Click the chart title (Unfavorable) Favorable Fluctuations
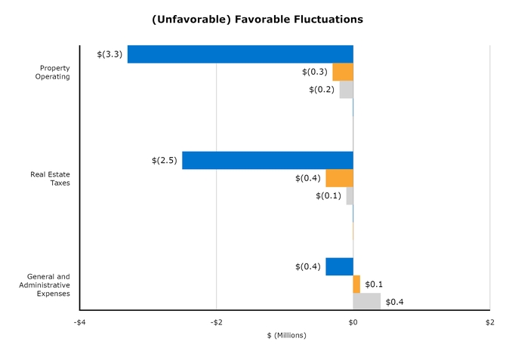coord(257,19)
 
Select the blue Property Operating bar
coord(240,54)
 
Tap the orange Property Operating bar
coord(343,72)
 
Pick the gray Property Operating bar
coord(346,90)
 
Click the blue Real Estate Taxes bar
coord(267,160)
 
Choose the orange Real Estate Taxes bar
coord(339,178)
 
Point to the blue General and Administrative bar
coord(339,266)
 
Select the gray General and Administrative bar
coord(366,302)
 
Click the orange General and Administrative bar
coord(356,285)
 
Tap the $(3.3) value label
coord(109,54)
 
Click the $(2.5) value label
coord(164,160)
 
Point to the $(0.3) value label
coord(314,72)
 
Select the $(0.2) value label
coord(321,90)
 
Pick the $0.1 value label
coord(374,285)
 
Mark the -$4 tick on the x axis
coord(79,322)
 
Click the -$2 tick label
coord(216,322)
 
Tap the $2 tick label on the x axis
coord(489,322)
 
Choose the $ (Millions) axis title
coord(286,335)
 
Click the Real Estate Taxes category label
coord(50,178)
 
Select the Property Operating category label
coord(54,72)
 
